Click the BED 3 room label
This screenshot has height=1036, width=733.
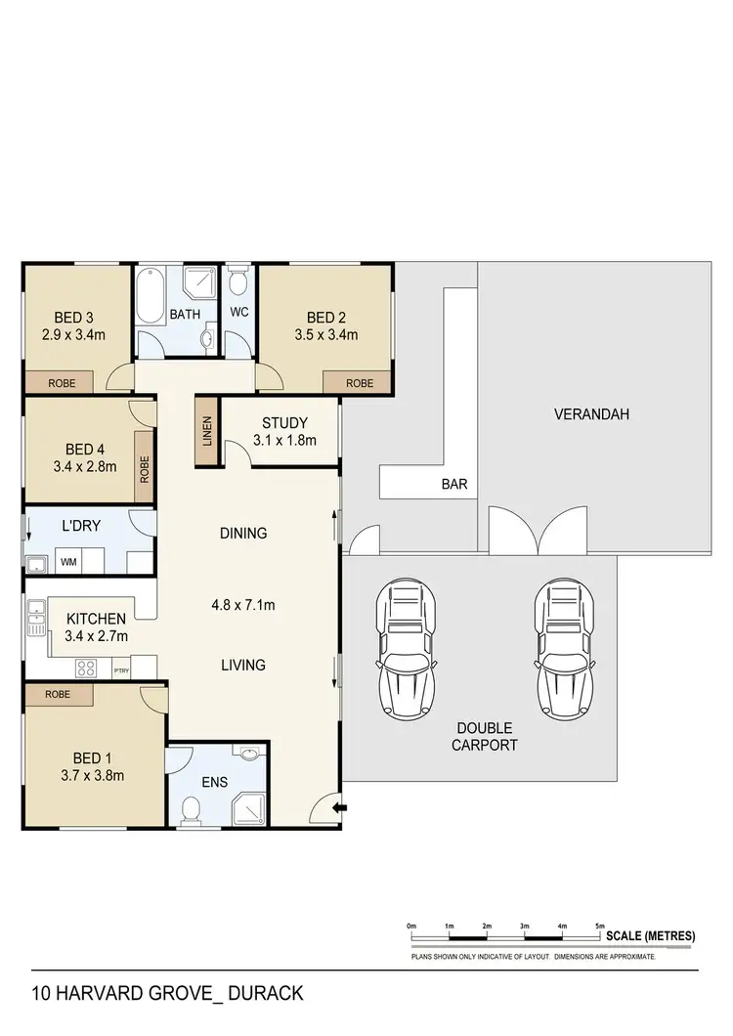pyautogui.click(x=74, y=317)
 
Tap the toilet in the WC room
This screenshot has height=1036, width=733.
pyautogui.click(x=237, y=285)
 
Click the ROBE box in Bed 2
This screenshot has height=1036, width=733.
pyautogui.click(x=359, y=384)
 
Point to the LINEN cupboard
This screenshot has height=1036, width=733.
pyautogui.click(x=206, y=430)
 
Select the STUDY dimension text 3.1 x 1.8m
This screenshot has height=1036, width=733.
pyautogui.click(x=284, y=440)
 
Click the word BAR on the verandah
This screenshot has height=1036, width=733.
pyautogui.click(x=453, y=484)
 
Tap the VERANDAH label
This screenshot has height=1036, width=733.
pyautogui.click(x=590, y=413)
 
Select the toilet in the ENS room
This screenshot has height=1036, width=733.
pyautogui.click(x=192, y=810)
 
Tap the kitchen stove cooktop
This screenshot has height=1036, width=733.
pyautogui.click(x=87, y=669)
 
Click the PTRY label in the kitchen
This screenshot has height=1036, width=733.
pyautogui.click(x=121, y=670)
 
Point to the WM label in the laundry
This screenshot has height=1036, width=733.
pyautogui.click(x=69, y=563)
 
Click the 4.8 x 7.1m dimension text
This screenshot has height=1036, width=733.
pyautogui.click(x=243, y=605)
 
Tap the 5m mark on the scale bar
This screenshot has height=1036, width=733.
pyautogui.click(x=600, y=925)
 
